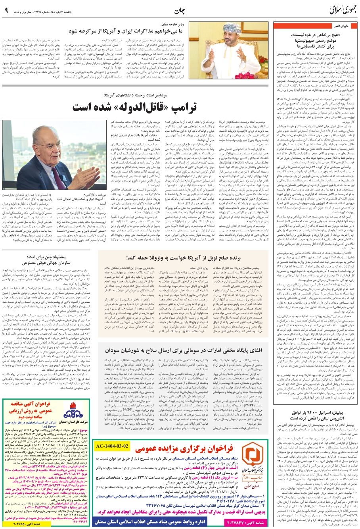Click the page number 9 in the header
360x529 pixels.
(6, 10)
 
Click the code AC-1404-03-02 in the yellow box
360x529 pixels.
(113, 446)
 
